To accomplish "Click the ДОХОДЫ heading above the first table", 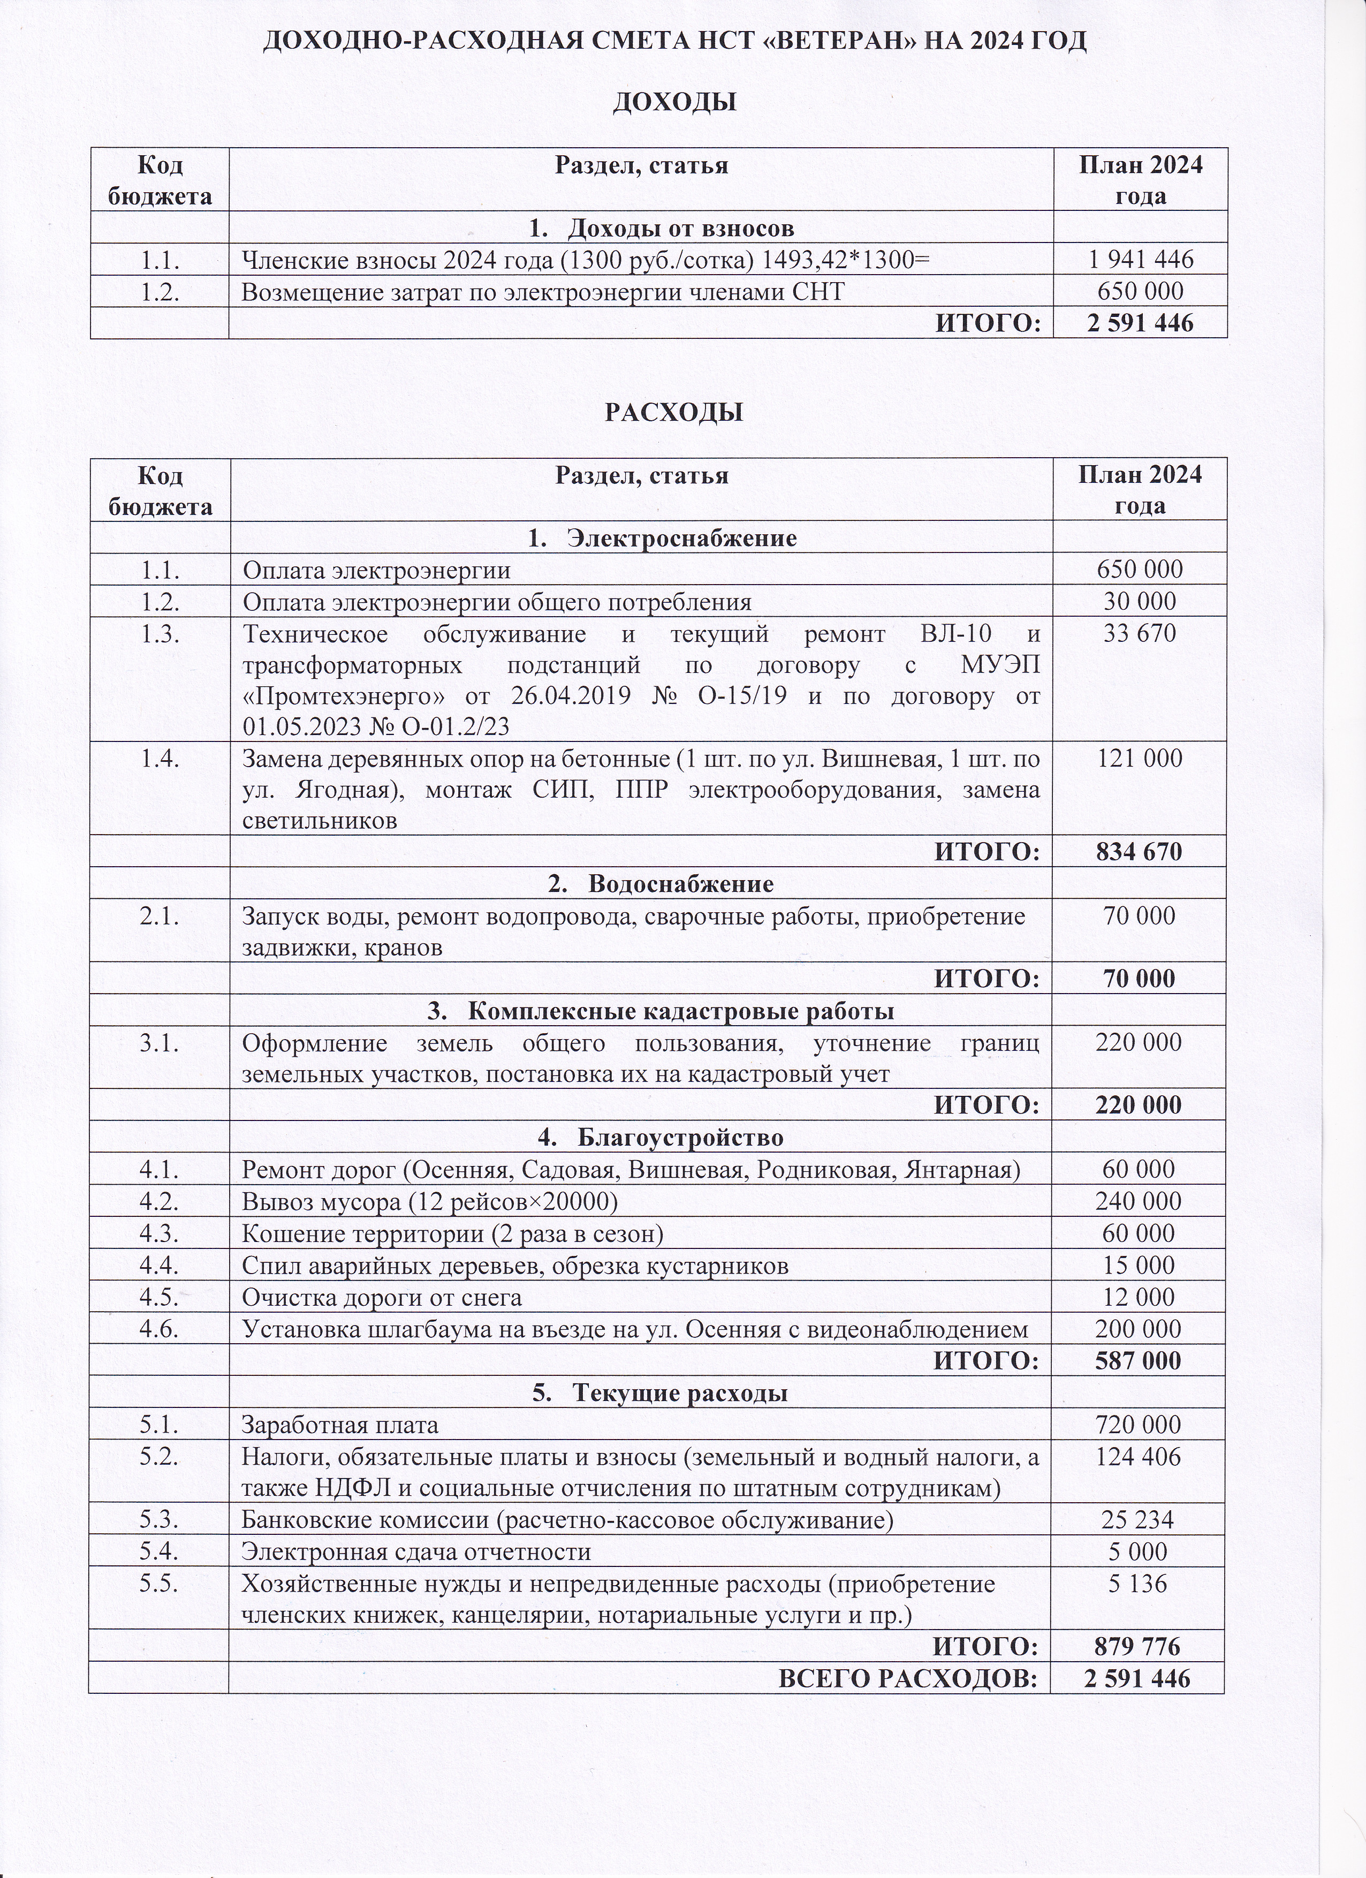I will (674, 103).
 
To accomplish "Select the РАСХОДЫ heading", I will (674, 412).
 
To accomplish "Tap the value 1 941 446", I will (1140, 260).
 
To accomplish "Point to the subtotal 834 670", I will (1139, 851).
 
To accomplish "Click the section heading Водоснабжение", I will (680, 883).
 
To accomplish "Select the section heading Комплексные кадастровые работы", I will (680, 1011).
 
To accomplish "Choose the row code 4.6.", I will (160, 1329).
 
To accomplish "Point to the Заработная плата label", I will (339, 1425).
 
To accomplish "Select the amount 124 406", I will (1139, 1457).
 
